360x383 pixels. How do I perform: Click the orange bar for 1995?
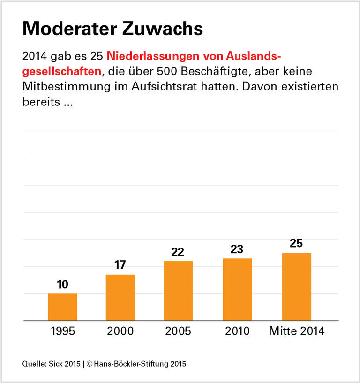[x=62, y=307]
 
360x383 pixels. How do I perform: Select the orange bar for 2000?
[x=120, y=298]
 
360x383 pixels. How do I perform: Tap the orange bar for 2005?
[x=178, y=291]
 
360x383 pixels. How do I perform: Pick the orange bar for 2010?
[x=237, y=289]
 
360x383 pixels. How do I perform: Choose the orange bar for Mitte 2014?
[x=296, y=286]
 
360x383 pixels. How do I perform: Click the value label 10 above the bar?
[x=62, y=285]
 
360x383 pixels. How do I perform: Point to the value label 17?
[x=120, y=265]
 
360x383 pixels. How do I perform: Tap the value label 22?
[x=178, y=252]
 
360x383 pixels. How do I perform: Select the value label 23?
[x=237, y=249]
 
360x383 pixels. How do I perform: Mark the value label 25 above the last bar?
[x=296, y=243]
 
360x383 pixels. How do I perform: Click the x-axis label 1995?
[x=62, y=331]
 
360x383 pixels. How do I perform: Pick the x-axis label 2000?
[x=120, y=331]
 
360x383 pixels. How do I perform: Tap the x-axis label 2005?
[x=178, y=331]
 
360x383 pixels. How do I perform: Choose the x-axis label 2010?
[x=237, y=331]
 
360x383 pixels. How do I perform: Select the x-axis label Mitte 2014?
[x=296, y=331]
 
